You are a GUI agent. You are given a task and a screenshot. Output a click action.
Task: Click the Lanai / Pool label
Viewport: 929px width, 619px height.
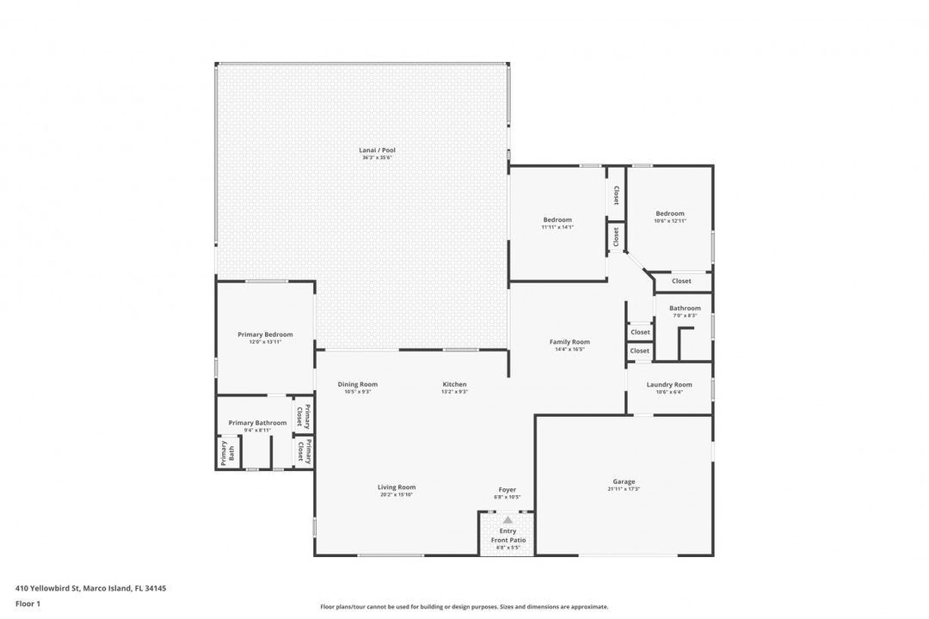click(377, 150)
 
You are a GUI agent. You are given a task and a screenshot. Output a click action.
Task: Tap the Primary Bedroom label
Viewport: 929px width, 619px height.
click(265, 334)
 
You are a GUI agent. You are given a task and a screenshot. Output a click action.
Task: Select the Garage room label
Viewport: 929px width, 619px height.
click(624, 481)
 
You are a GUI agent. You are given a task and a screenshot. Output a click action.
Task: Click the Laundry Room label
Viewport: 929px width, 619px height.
click(669, 384)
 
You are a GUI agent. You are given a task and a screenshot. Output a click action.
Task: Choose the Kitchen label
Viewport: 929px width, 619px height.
click(454, 384)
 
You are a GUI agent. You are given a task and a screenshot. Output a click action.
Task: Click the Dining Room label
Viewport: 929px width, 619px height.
click(357, 384)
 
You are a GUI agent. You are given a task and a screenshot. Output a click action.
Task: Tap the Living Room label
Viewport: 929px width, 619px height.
click(397, 487)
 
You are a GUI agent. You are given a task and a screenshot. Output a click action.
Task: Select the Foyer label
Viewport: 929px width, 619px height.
click(508, 490)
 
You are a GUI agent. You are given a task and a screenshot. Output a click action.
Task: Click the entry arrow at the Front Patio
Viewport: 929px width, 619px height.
click(508, 520)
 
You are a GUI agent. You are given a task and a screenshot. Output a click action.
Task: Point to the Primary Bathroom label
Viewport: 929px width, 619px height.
click(257, 422)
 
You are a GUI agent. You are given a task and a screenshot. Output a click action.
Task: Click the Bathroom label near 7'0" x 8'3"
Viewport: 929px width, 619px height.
click(685, 308)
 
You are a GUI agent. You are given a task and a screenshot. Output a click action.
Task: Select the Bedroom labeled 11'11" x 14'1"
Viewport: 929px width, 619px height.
click(557, 220)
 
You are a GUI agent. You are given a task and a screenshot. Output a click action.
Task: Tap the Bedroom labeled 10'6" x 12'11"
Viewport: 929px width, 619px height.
click(670, 213)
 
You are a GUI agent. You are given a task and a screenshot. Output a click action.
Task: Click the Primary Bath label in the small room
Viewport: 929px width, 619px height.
click(226, 452)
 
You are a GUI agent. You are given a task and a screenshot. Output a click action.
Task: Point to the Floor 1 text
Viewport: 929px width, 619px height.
click(28, 604)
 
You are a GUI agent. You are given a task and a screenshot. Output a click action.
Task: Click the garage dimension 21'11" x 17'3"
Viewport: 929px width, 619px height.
click(624, 489)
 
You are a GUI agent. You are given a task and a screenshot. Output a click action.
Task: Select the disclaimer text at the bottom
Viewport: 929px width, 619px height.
click(464, 606)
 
